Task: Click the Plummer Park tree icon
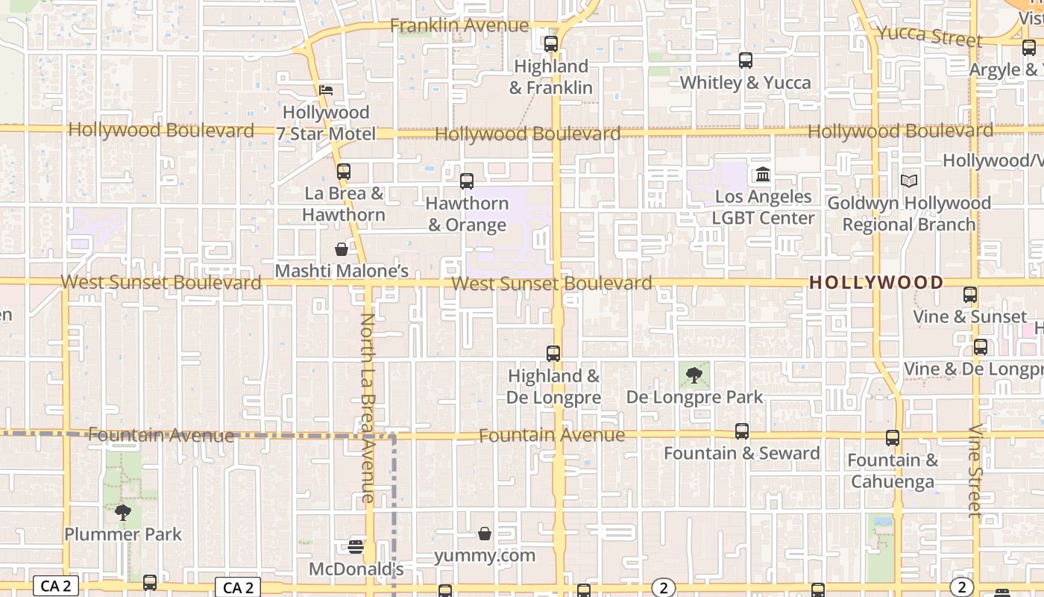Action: (x=123, y=513)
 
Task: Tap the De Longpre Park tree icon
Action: (x=694, y=375)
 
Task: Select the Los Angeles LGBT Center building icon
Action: (x=763, y=175)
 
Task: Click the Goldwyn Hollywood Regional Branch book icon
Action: (x=909, y=181)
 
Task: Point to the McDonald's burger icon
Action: (x=356, y=546)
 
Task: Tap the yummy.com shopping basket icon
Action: (x=485, y=534)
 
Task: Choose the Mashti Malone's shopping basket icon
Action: (x=342, y=249)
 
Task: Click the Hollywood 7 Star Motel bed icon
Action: (x=326, y=90)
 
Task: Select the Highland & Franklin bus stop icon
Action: (x=551, y=44)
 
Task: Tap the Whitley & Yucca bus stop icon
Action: (x=746, y=60)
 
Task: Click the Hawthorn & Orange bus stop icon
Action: (x=467, y=181)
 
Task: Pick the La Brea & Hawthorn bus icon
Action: (x=344, y=172)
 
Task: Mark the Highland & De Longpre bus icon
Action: (x=553, y=354)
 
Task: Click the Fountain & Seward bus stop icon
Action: (x=742, y=431)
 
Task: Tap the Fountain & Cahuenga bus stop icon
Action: (x=893, y=438)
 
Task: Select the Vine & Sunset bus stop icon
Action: (x=970, y=295)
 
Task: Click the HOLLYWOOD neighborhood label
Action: (x=876, y=283)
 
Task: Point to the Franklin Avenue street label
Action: (x=459, y=26)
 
